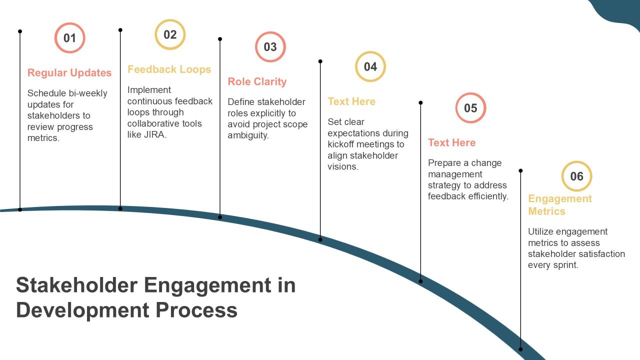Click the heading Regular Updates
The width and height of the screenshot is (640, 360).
pos(69,73)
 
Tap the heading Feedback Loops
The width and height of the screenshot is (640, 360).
pos(169,69)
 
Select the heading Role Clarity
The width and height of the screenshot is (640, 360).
pos(257,81)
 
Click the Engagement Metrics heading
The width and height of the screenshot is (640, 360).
pos(559,205)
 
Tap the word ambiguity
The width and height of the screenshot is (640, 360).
pos(248,135)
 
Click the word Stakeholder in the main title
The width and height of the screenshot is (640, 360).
pos(77,285)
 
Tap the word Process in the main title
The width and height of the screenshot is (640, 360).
pos(196,310)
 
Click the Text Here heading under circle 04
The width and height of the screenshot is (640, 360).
pos(351,101)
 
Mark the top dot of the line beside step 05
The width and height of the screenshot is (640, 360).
pos(420,102)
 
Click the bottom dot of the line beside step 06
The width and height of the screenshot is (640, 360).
pos(520,349)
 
